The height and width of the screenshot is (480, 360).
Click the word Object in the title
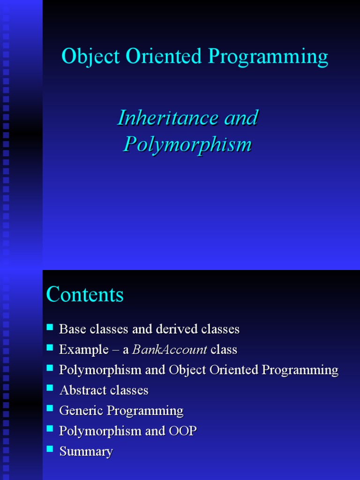pos(90,57)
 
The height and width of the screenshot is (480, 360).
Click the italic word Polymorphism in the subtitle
pos(187,144)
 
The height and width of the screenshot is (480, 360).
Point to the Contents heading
pos(85,295)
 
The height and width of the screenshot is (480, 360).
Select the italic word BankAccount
pos(170,350)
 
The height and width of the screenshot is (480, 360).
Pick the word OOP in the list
pos(182,431)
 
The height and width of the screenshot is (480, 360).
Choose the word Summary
pos(86,452)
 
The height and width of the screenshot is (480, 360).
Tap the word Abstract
pos(82,390)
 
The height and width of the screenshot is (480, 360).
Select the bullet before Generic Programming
pos(51,408)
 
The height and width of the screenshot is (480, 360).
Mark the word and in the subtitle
pos(241,118)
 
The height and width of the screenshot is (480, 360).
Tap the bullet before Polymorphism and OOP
pos(51,428)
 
